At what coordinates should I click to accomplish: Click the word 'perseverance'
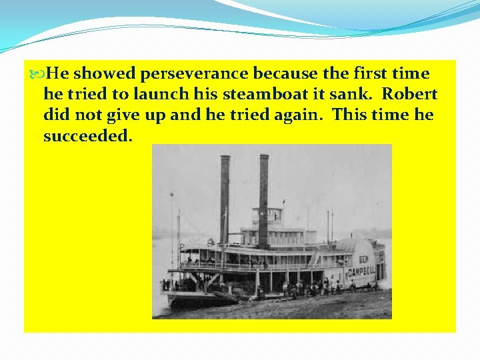(194, 73)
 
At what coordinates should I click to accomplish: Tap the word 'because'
(281, 73)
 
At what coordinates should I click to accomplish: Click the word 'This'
(351, 115)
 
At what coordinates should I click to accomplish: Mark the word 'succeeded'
(88, 136)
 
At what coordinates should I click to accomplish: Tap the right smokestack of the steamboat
(264, 193)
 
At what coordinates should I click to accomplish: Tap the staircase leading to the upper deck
(313, 258)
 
